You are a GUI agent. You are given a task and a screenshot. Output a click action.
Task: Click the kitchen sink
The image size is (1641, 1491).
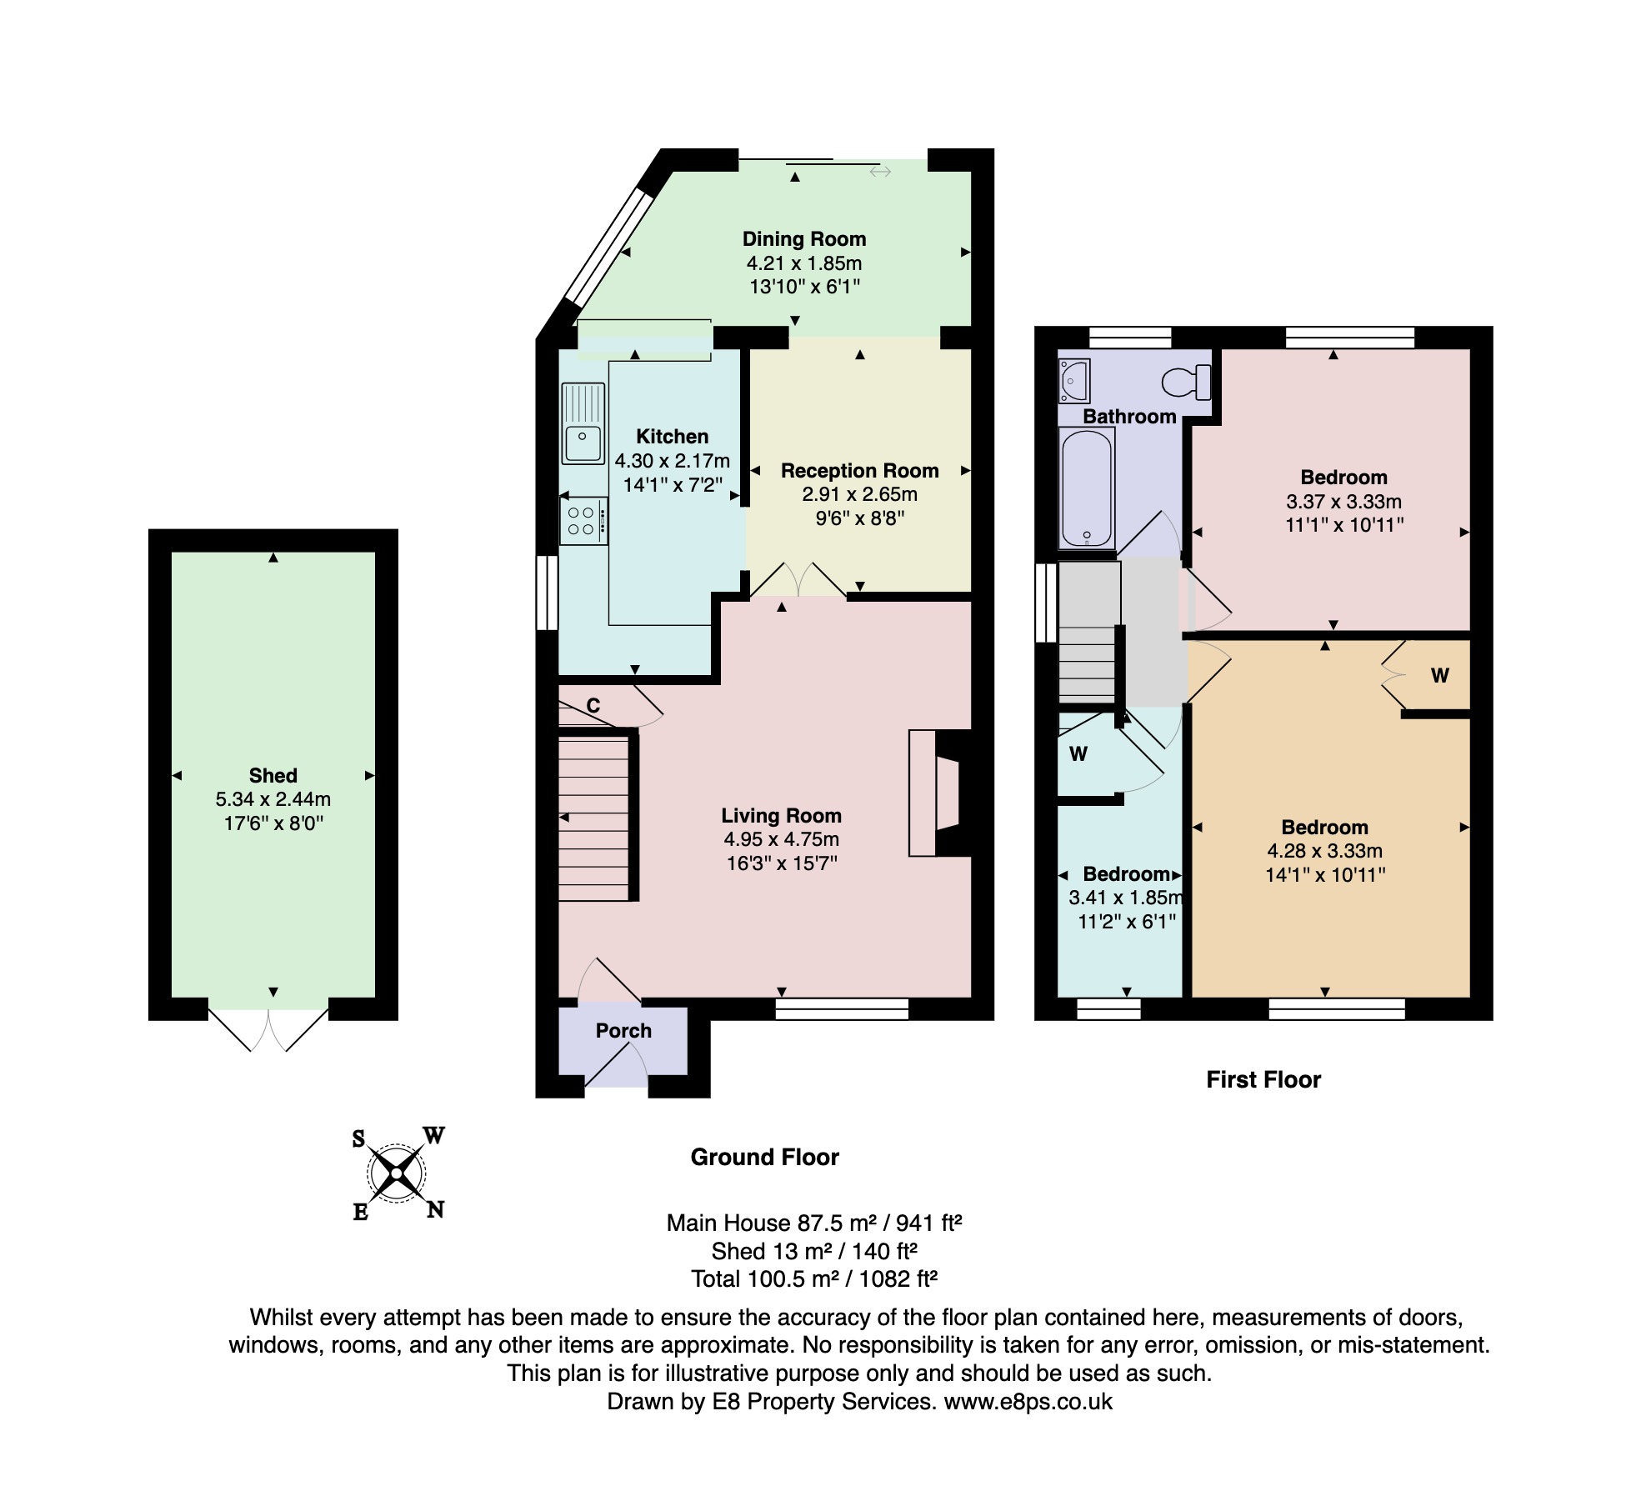(x=583, y=423)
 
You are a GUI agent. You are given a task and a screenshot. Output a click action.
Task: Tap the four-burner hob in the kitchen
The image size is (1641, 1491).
(x=583, y=521)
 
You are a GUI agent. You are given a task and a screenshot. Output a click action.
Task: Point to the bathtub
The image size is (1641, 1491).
(x=1086, y=488)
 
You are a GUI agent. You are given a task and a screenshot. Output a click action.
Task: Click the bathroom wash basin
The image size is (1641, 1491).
(x=1074, y=381)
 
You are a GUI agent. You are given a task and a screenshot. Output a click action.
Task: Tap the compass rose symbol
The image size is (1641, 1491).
(x=398, y=1173)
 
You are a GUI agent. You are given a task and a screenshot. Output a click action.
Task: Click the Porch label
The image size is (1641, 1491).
(x=623, y=1031)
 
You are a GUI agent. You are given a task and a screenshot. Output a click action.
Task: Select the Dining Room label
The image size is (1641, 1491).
(x=804, y=239)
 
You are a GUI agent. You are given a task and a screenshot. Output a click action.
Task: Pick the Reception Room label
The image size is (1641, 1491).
(x=859, y=471)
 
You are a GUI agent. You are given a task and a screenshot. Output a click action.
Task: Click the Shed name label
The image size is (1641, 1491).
(x=273, y=775)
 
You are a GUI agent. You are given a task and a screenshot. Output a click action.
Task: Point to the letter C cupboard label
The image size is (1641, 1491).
(x=593, y=706)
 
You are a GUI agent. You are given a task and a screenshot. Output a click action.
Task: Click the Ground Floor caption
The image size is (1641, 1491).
(x=764, y=1157)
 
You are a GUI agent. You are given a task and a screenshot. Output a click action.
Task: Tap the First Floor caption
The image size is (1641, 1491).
(x=1263, y=1080)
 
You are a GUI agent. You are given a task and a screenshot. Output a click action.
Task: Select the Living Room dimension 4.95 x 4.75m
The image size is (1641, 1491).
(x=782, y=839)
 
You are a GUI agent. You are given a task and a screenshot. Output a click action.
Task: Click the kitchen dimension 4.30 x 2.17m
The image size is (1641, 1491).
(x=673, y=461)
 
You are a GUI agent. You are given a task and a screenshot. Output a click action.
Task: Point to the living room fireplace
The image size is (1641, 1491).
(x=940, y=793)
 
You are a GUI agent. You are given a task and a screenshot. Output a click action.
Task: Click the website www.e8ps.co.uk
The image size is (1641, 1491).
(x=1028, y=1401)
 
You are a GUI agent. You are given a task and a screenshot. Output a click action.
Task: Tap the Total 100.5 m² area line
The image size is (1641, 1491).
(x=814, y=1278)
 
